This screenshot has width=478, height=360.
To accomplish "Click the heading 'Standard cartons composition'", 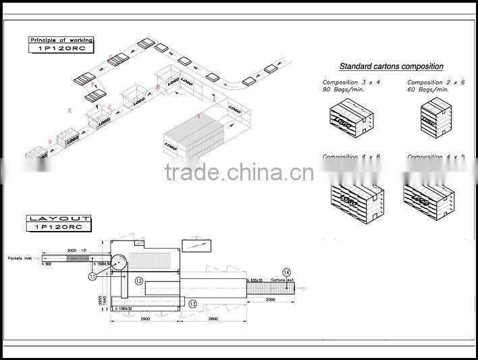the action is (x=391, y=66).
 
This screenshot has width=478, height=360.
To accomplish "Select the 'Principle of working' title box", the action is (x=61, y=45).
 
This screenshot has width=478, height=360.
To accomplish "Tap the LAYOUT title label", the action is (x=58, y=222).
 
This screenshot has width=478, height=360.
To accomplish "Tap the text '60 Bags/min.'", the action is (x=427, y=89).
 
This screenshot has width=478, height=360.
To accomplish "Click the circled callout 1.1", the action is (x=92, y=276).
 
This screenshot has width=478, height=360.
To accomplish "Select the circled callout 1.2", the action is (x=139, y=280).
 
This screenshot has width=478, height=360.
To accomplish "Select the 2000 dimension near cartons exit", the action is (x=270, y=298).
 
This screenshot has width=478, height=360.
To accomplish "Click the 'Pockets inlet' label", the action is (x=20, y=258).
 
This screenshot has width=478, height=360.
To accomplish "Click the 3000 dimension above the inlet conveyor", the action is (x=71, y=251).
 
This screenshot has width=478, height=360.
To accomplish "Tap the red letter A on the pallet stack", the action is (x=198, y=115).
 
